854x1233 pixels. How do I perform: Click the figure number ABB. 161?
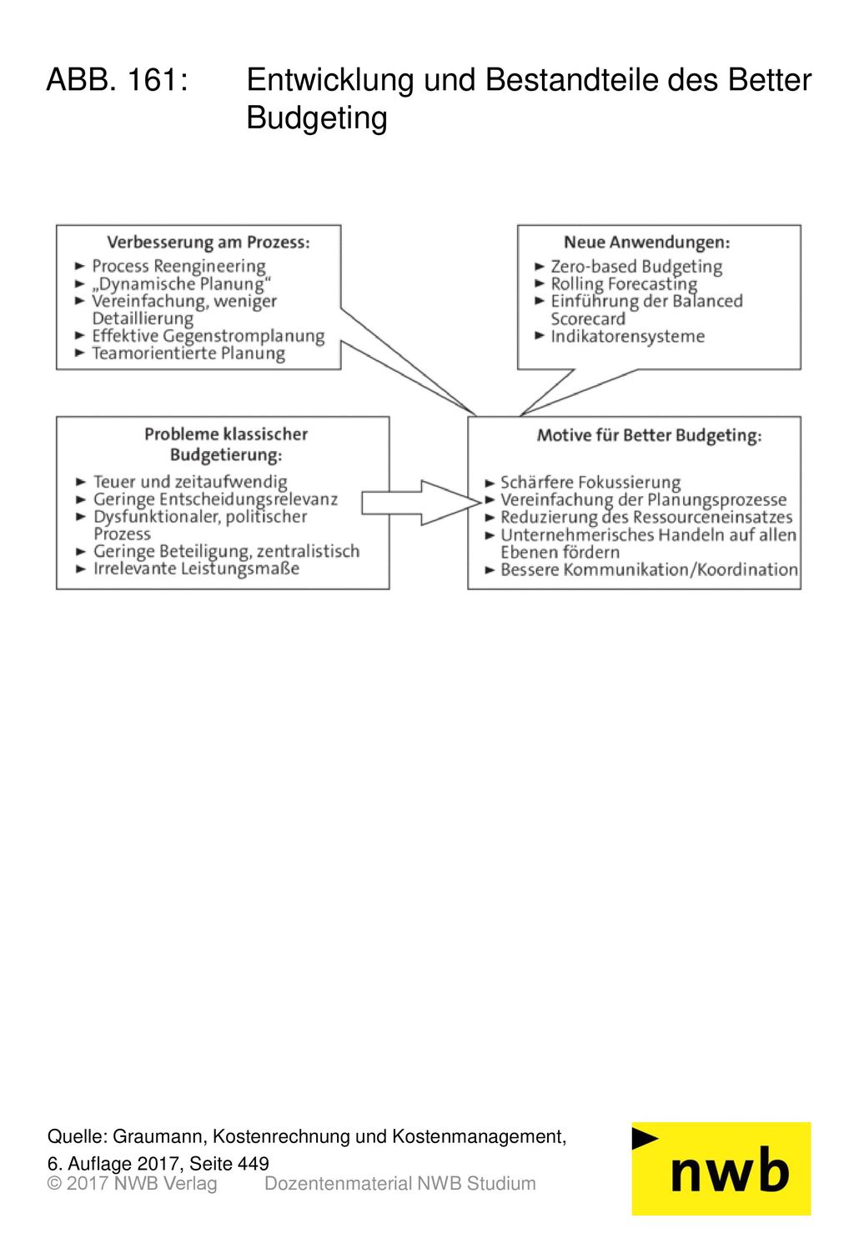click(x=118, y=80)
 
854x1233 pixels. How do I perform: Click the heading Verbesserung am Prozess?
click(x=208, y=243)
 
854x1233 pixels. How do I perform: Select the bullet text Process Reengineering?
click(x=179, y=267)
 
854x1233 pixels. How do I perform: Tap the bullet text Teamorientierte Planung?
click(x=188, y=353)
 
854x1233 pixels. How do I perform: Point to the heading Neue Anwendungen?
click(x=647, y=243)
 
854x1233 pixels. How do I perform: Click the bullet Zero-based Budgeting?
click(x=636, y=267)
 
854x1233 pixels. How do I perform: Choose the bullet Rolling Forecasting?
click(x=624, y=284)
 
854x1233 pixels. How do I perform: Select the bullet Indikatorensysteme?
click(x=628, y=336)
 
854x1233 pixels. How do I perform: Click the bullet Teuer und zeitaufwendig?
click(x=190, y=482)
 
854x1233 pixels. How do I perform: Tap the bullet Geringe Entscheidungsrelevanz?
click(x=215, y=499)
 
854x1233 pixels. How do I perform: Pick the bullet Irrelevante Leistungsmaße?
click(x=196, y=569)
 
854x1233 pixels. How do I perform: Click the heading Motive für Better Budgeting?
click(x=649, y=435)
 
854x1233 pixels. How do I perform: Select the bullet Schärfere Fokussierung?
click(x=590, y=483)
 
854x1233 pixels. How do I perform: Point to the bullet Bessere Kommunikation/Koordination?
click(x=649, y=569)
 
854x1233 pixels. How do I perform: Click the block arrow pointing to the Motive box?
click(x=421, y=503)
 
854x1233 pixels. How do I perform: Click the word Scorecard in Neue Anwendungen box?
click(x=587, y=319)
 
